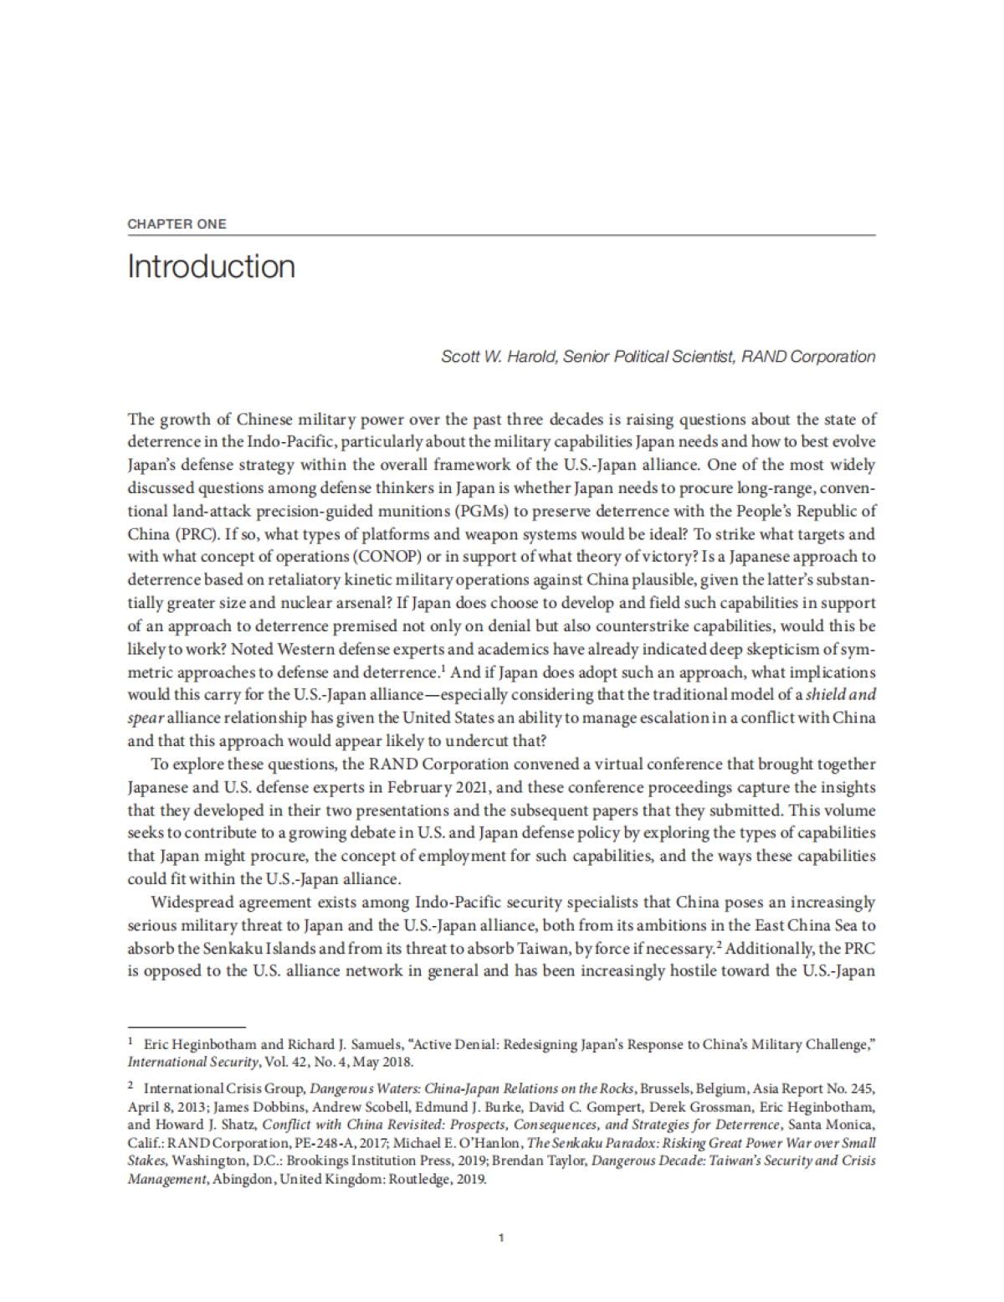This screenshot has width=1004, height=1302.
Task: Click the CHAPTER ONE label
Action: pyautogui.click(x=177, y=224)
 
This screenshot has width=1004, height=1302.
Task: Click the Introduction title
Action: pyautogui.click(x=212, y=266)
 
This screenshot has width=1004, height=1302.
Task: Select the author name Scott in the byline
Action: pyautogui.click(x=459, y=357)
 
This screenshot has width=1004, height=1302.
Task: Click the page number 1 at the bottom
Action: pyautogui.click(x=500, y=1237)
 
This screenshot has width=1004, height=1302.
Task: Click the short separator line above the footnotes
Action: pyautogui.click(x=186, y=1027)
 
